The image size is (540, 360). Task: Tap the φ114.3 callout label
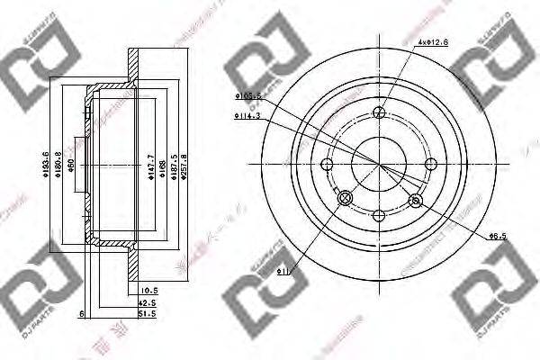point(247,115)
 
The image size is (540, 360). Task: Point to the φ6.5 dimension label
point(497,236)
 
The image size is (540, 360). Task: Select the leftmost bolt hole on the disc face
point(327,164)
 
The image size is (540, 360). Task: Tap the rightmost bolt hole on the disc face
point(430,163)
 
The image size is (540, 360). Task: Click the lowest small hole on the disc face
point(379,215)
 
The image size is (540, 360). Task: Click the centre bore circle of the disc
point(379,163)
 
